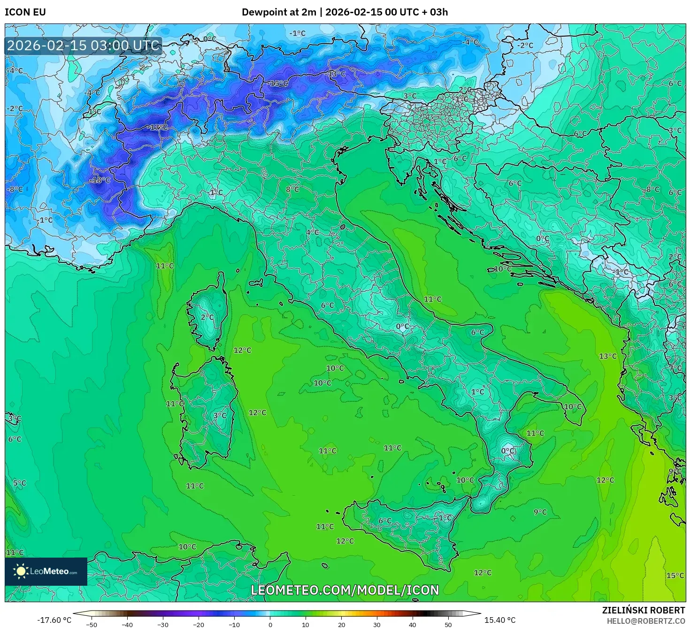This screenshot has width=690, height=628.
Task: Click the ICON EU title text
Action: pos(25,12)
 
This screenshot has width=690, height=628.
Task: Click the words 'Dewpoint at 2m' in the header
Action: pos(279,12)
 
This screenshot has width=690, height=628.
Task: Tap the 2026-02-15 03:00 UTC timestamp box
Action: pos(84,46)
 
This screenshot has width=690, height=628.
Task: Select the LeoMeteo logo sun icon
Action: pos(21,571)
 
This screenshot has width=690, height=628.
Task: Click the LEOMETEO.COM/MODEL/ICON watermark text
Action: pos(345,590)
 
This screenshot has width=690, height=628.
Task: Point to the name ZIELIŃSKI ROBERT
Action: pos(643,610)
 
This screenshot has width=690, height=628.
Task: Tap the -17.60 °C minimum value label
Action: pos(54,620)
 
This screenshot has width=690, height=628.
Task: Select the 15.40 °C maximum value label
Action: pos(500,620)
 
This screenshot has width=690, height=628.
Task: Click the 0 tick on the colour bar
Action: pos(270,624)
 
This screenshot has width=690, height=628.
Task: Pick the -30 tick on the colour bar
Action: pos(162,624)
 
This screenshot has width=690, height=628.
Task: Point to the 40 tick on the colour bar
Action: pos(413,624)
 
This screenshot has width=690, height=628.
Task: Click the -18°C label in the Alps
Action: pos(100,180)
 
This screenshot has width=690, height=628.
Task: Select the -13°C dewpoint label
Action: pos(336,74)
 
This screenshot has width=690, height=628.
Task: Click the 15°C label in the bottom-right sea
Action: pos(675,575)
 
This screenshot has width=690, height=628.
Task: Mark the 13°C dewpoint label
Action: pos(607,356)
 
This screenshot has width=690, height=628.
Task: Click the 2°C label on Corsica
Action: pos(207,317)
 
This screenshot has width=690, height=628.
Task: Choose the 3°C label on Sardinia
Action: pos(220,415)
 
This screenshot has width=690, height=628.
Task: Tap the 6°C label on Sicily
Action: pos(385,521)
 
